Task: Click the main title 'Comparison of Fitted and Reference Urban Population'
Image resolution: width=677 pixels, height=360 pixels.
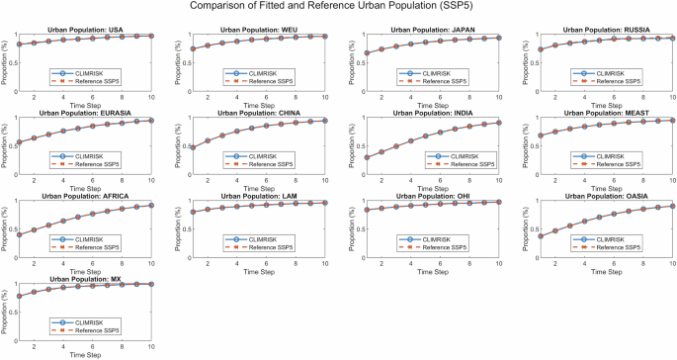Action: click(337, 8)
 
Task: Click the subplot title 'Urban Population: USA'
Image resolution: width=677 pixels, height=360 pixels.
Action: click(85, 30)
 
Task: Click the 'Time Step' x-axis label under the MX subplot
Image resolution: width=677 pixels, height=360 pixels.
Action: click(85, 354)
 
